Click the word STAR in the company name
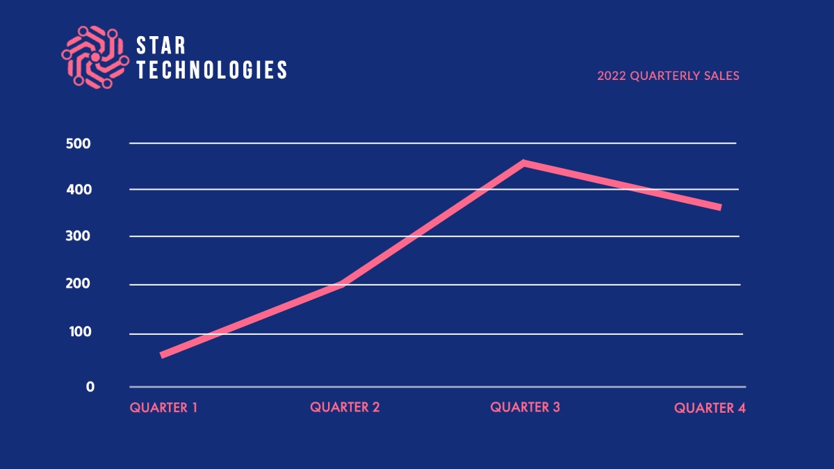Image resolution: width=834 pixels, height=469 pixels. click(161, 47)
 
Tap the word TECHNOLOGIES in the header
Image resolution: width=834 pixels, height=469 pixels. click(211, 69)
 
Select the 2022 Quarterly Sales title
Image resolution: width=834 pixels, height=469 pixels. click(668, 76)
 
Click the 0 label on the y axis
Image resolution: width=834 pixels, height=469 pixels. click(90, 387)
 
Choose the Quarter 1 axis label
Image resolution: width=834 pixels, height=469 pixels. click(164, 408)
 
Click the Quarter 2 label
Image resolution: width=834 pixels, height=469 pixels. click(345, 407)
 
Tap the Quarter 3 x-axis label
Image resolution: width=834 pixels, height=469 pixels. click(525, 407)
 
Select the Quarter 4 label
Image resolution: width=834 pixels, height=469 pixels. click(710, 409)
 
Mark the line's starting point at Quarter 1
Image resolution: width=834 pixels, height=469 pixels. click(163, 355)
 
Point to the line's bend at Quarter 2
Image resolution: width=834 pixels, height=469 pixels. click(343, 283)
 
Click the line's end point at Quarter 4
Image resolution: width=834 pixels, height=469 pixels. click(719, 207)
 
